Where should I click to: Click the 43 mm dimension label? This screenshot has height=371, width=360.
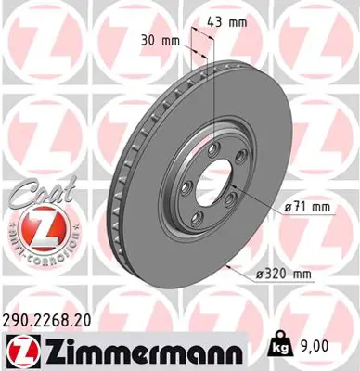pos(211,20)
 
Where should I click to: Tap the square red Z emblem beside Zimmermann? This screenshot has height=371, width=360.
pos(19,349)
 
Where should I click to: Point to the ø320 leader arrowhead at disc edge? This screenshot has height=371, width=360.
pos(227,262)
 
